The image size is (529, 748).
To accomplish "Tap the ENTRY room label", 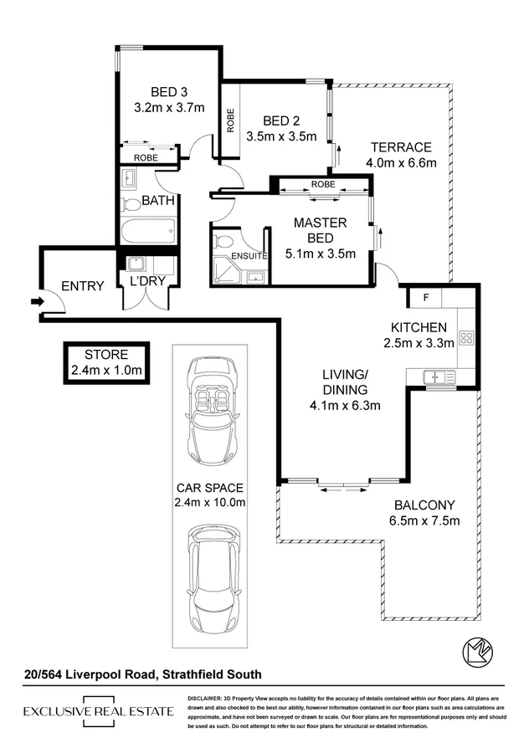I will (83, 286).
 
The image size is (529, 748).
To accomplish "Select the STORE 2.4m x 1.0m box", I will (105, 361).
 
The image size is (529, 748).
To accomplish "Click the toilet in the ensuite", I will (223, 242).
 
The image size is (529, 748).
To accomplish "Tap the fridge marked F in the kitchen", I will (425, 297).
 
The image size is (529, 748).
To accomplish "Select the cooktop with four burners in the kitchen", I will (466, 339).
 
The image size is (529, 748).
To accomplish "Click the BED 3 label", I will (169, 93).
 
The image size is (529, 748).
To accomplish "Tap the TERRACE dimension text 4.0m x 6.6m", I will (403, 163).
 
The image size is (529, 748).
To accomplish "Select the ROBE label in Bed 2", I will (231, 120).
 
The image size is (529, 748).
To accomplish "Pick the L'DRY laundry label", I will (146, 281).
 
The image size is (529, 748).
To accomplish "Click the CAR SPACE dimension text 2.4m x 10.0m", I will (210, 502).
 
